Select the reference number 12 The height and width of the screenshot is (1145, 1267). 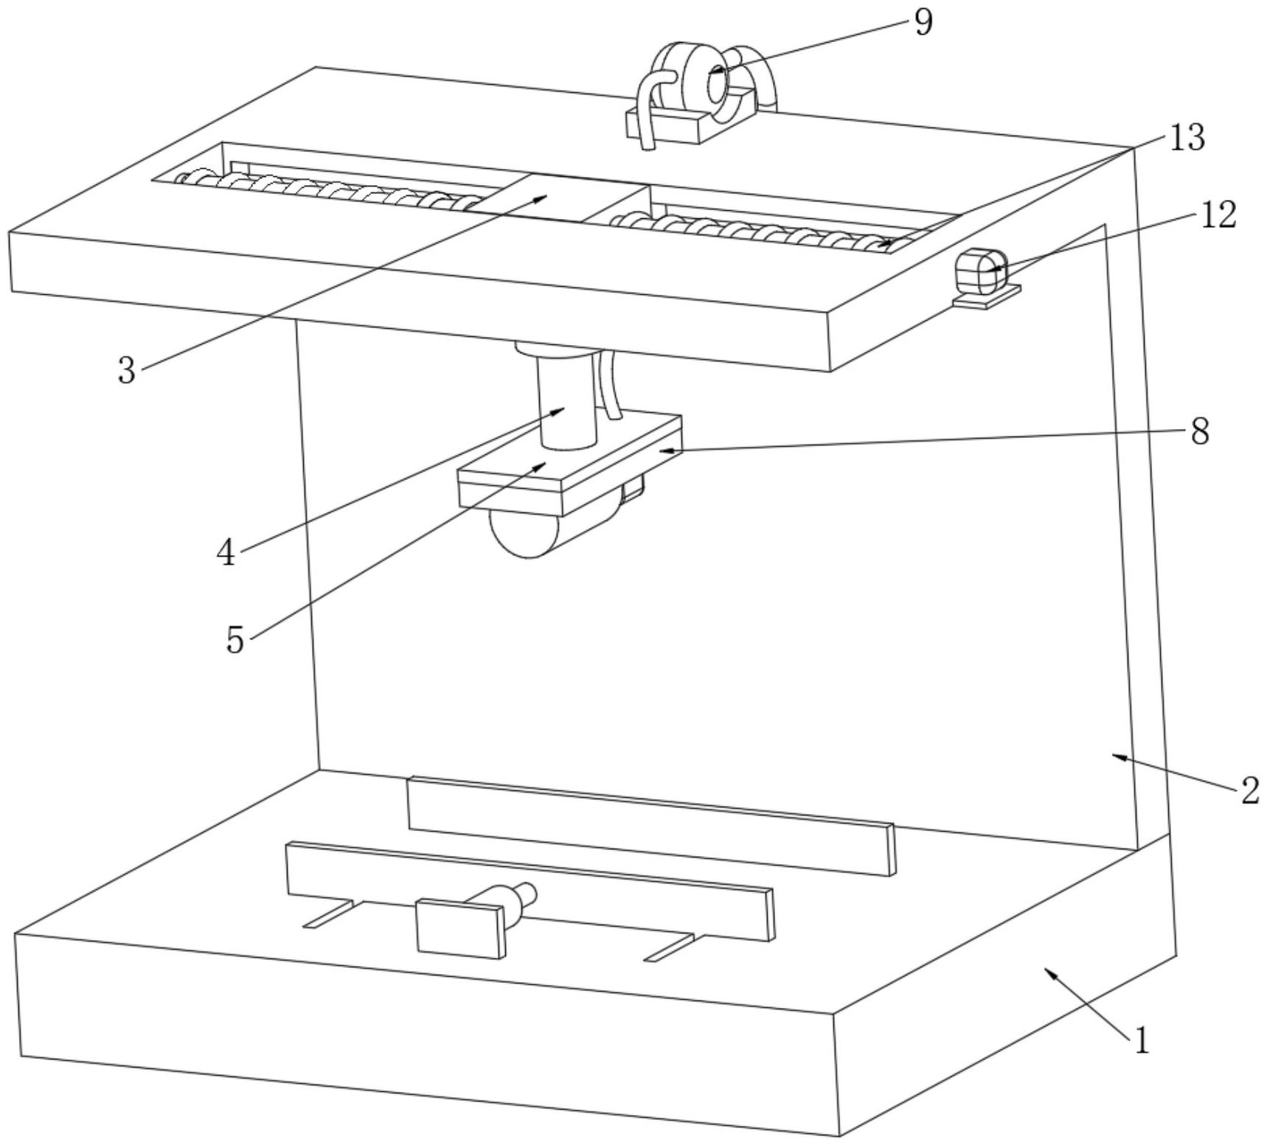[x=1218, y=215]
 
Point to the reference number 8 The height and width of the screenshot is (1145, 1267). [x=1200, y=431]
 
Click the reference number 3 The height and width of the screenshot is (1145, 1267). [x=127, y=371]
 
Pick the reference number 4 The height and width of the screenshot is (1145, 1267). [x=226, y=552]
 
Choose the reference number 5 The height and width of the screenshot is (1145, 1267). [x=235, y=639]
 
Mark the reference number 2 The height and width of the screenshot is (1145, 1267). [x=1249, y=791]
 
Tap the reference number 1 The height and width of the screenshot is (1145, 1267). [x=1141, y=1042]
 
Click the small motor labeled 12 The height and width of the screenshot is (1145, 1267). [x=980, y=271]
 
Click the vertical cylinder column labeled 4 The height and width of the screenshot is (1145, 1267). [x=566, y=402]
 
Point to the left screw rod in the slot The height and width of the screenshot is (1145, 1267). [x=324, y=190]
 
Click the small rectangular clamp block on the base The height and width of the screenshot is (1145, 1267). [x=461, y=927]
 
